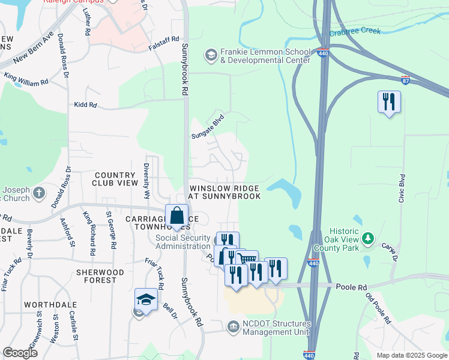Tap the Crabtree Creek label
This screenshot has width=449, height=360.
pyautogui.click(x=355, y=31)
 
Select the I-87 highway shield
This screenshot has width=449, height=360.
pyautogui.click(x=406, y=79)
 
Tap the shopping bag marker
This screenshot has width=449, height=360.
pyautogui.click(x=177, y=216)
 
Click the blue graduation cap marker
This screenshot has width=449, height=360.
pyautogui.click(x=146, y=299)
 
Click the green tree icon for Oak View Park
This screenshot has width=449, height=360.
pyautogui.click(x=369, y=239)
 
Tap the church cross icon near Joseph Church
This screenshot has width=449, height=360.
pyautogui.click(x=39, y=193)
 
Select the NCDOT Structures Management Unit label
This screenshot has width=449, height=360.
pyautogui.click(x=276, y=328)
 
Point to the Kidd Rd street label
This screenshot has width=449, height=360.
pyautogui.click(x=85, y=105)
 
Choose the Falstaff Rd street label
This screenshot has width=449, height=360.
pyautogui.click(x=166, y=40)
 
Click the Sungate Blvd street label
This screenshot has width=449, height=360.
pyautogui.click(x=207, y=127)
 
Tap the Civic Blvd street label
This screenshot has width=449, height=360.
pyautogui.click(x=402, y=189)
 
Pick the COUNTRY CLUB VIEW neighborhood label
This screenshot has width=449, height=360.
pyautogui.click(x=115, y=179)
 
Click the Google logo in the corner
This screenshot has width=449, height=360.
pyautogui.click(x=20, y=353)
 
